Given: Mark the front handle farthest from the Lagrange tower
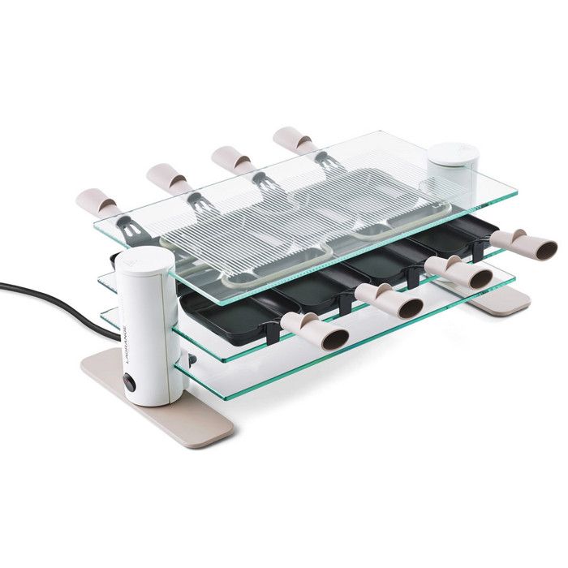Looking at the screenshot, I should [523, 243].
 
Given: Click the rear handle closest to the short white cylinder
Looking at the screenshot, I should [293, 141].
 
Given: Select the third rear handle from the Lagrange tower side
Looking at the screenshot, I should [231, 158].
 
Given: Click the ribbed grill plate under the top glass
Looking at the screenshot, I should [268, 223].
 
